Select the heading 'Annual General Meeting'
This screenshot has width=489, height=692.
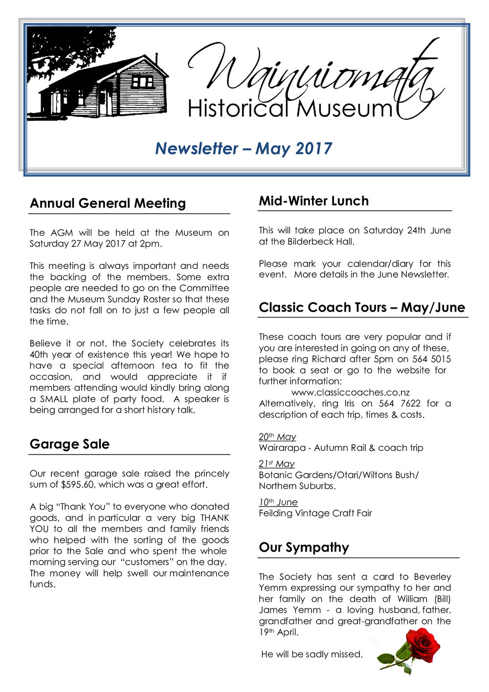(x=108, y=203)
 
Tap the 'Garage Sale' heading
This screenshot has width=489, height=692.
(x=69, y=444)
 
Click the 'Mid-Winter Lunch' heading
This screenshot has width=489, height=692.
(x=313, y=201)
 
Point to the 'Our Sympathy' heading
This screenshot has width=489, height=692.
(x=304, y=547)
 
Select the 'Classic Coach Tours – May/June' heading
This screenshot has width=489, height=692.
(x=362, y=308)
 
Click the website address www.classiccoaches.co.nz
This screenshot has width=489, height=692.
(x=350, y=392)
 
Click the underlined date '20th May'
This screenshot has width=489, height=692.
(x=277, y=437)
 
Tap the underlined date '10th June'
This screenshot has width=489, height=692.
(x=278, y=502)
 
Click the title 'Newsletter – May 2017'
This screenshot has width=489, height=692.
(x=244, y=148)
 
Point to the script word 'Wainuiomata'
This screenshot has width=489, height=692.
(x=313, y=73)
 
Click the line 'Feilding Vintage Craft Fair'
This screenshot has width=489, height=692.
(x=315, y=513)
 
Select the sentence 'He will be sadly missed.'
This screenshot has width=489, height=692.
(x=311, y=654)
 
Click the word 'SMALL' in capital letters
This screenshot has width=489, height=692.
(x=54, y=399)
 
